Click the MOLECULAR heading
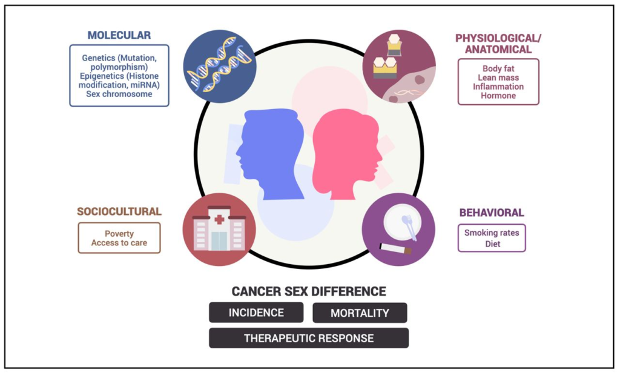(119, 35)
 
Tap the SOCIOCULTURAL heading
(119, 211)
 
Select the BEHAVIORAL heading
(492, 213)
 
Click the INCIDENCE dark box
(256, 313)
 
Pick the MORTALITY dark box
(360, 313)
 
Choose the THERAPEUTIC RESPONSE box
(309, 338)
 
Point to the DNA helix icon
(219, 66)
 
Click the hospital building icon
(219, 229)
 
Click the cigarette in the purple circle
(395, 248)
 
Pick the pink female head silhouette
(346, 154)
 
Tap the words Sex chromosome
(119, 94)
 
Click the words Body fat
(498, 69)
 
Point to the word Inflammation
(498, 87)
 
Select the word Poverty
(119, 234)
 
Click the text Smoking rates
(492, 233)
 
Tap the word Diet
(492, 244)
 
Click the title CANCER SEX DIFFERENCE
(309, 291)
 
